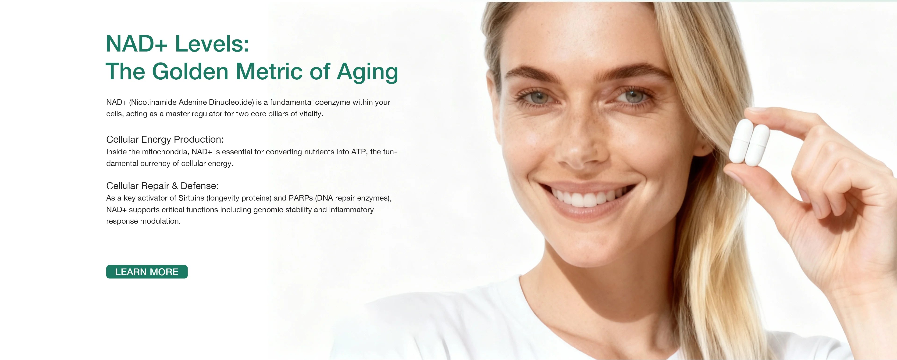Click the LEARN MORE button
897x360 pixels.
click(x=147, y=272)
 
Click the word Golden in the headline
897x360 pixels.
click(x=190, y=71)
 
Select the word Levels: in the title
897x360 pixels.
click(x=212, y=44)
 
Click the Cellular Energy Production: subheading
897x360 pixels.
click(x=165, y=140)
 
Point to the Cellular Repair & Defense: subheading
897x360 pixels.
click(x=162, y=186)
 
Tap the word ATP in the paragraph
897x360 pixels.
click(x=358, y=152)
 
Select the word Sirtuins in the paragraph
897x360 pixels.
click(x=191, y=198)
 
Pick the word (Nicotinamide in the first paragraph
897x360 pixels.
click(x=153, y=102)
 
